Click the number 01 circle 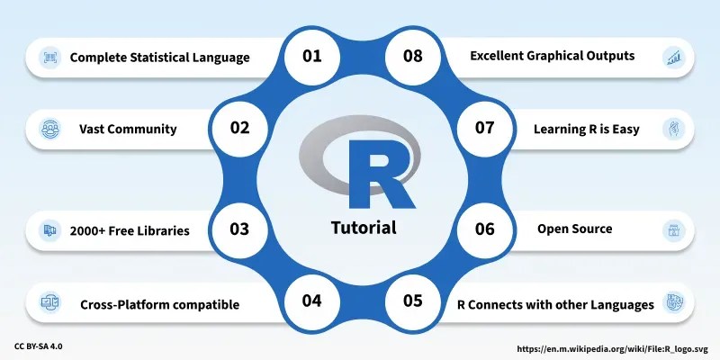click(x=311, y=56)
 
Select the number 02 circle click(x=239, y=128)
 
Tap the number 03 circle click(x=239, y=229)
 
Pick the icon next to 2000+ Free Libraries click(x=49, y=231)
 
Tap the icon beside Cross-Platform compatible click(x=49, y=303)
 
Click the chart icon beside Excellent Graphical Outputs click(x=671, y=58)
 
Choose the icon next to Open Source click(x=671, y=229)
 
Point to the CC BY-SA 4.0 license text click(x=39, y=346)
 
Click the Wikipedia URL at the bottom click(x=612, y=347)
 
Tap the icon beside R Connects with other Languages click(x=671, y=302)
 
